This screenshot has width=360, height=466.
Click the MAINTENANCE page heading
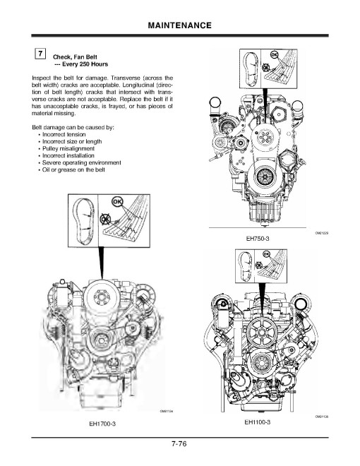pyautogui.click(x=180, y=25)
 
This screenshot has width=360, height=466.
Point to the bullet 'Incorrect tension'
pyautogui.click(x=68, y=133)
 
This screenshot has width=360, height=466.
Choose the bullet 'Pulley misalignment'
pyautogui.click(x=71, y=148)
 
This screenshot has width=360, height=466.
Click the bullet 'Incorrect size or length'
pyautogui.click(x=76, y=141)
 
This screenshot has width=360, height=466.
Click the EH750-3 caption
pyautogui.click(x=258, y=239)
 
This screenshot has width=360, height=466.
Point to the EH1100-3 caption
pyautogui.click(x=258, y=423)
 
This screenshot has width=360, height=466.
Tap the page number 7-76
pyautogui.click(x=179, y=444)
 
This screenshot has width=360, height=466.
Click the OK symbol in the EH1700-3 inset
pyautogui.click(x=118, y=202)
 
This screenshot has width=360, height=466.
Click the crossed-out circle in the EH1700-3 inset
pyautogui.click(x=105, y=220)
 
